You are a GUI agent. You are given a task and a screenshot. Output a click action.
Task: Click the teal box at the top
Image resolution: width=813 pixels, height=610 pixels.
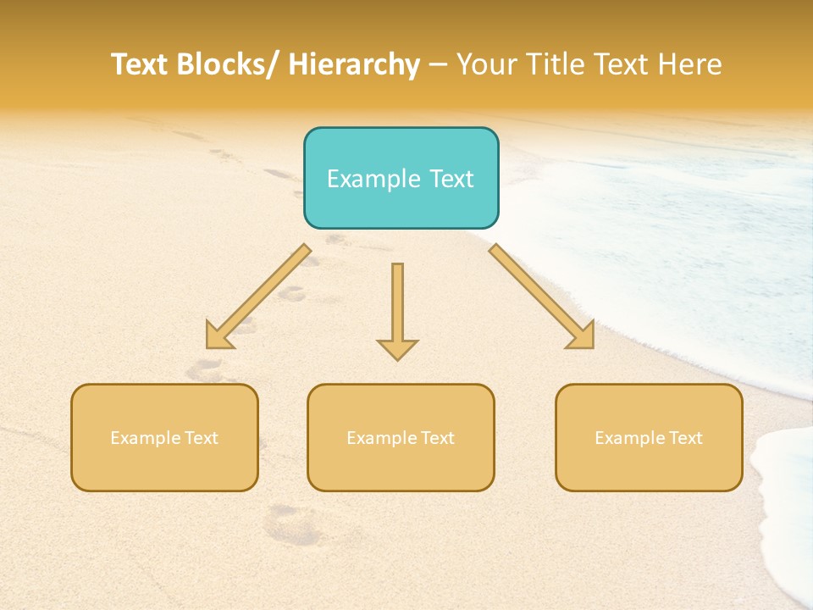click(401, 178)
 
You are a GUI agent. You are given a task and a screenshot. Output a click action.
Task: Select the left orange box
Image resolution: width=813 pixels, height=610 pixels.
click(164, 437)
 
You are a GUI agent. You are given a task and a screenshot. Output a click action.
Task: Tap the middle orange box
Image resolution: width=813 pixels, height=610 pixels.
click(401, 437)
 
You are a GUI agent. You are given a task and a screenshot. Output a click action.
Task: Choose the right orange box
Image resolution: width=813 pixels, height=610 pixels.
click(649, 437)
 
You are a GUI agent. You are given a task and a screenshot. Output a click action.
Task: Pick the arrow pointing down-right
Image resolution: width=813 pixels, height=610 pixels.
click(542, 297)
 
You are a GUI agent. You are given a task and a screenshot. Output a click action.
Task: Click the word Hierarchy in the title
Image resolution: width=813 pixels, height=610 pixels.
click(354, 64)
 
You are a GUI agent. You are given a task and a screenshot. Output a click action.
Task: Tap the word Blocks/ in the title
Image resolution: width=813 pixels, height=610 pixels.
click(229, 64)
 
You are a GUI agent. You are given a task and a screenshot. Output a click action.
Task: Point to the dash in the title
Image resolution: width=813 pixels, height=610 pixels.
click(438, 64)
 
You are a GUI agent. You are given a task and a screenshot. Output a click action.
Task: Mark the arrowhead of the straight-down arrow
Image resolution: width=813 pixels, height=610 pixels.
click(397, 348)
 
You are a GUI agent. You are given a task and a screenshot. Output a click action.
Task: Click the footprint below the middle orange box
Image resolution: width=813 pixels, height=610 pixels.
click(292, 525)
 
